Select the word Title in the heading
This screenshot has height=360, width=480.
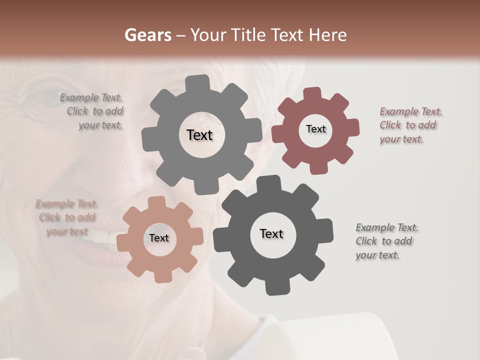248,35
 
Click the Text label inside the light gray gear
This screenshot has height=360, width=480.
199,135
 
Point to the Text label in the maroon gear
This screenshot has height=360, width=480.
315,129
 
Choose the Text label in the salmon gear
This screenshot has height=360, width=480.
159,238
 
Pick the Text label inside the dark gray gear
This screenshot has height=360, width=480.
271,233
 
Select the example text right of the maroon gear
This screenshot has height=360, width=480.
410,125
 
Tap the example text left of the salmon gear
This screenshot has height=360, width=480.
67,217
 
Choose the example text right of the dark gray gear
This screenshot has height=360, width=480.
386,241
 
